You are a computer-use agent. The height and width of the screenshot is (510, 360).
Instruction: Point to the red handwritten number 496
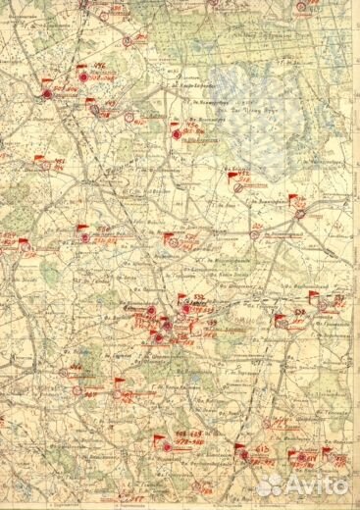100,68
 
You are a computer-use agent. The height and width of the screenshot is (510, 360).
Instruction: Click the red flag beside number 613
240,448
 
